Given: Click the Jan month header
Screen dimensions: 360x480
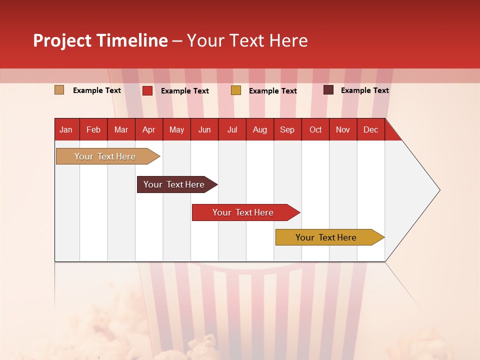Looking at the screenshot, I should click(x=66, y=130).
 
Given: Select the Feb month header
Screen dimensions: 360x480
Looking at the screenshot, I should click(x=93, y=130).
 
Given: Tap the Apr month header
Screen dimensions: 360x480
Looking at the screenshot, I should click(x=148, y=130).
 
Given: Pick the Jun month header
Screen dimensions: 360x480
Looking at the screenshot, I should click(x=204, y=130).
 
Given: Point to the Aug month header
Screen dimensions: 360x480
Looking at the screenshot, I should click(x=259, y=130).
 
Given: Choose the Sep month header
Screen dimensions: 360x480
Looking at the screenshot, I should click(x=287, y=130).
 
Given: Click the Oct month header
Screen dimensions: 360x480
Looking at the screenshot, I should click(x=315, y=130).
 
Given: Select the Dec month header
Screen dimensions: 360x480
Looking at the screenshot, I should click(x=370, y=130).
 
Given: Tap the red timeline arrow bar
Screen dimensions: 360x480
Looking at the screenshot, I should click(x=243, y=212).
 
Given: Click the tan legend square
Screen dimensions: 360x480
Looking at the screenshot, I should click(x=59, y=90).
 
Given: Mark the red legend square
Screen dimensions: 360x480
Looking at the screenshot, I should click(x=147, y=90).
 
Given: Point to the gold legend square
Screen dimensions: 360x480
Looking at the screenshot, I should click(x=236, y=90).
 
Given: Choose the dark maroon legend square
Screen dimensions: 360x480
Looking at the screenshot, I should click(x=328, y=90).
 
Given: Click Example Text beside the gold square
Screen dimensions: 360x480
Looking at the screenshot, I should click(x=273, y=91).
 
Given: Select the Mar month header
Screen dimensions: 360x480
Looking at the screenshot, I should click(x=121, y=130).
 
